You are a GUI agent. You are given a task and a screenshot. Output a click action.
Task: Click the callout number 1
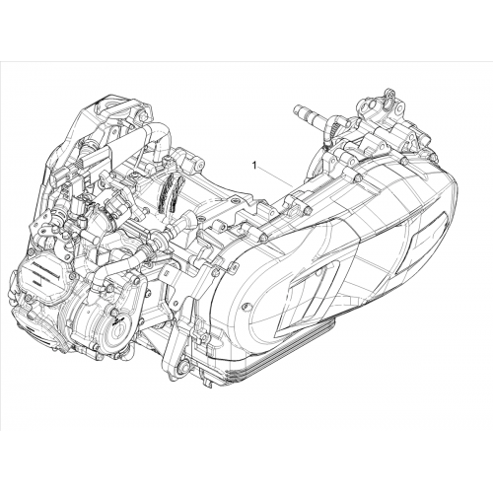[x=254, y=166]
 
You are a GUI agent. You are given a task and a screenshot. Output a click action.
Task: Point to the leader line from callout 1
[x=275, y=177]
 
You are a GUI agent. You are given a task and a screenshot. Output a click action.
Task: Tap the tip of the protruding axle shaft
[x=296, y=107]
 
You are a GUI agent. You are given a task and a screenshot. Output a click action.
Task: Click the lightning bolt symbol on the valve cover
[x=35, y=283]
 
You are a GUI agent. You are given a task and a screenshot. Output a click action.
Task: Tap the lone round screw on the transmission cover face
[x=244, y=307]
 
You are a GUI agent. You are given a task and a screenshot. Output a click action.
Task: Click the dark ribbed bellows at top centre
[x=168, y=193]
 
